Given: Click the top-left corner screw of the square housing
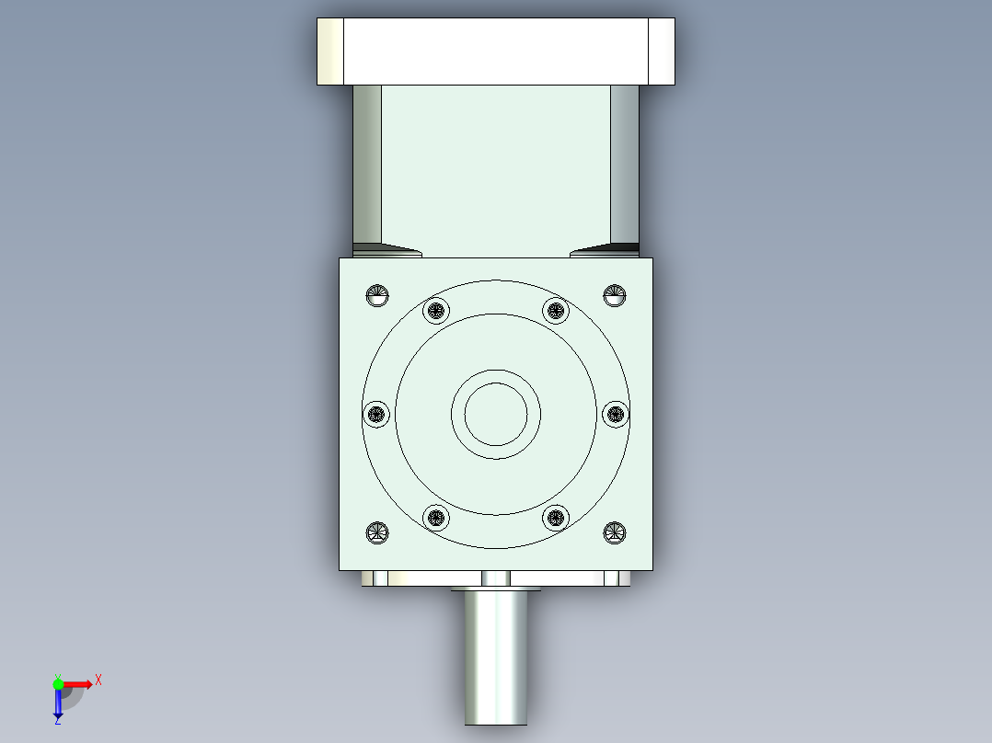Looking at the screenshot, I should coord(378,295).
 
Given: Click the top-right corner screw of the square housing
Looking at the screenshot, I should coord(615,295).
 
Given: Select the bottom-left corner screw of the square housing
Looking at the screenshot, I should coord(378,532).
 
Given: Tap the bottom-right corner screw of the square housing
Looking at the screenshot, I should coord(615,532).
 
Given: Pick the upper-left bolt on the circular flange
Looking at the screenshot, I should coord(436,311).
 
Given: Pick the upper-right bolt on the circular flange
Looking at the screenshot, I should coord(555,311).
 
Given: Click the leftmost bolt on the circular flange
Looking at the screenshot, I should coord(375,414).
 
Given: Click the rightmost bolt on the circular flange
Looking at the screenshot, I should coord(615,414).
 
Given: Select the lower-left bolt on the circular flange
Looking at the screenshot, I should coord(436,518).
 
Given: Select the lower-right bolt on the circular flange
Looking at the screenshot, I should coord(555,518).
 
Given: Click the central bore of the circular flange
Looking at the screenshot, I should coord(496,414).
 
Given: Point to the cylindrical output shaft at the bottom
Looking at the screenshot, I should coord(496,657).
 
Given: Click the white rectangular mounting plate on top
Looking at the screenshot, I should coord(496,51).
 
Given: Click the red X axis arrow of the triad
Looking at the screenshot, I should coord(81,683).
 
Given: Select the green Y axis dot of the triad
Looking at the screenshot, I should coord(58,683).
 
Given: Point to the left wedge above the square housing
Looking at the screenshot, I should coord(386,250).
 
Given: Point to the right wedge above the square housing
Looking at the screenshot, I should coord(605,250).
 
